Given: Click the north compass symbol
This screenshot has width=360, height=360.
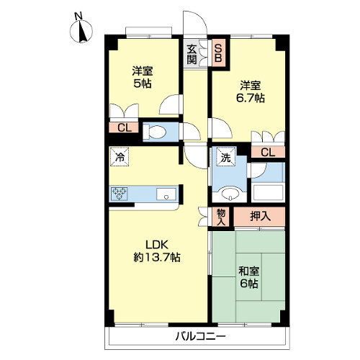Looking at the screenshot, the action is pyautogui.click(x=81, y=30).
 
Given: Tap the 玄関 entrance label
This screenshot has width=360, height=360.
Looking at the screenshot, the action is pyautogui.click(x=192, y=54).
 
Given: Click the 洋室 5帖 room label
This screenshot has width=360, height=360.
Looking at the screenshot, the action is pyautogui.click(x=143, y=77).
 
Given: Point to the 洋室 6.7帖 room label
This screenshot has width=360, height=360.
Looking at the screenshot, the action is pyautogui.click(x=251, y=91).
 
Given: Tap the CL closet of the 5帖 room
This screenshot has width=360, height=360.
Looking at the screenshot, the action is pyautogui.click(x=125, y=127).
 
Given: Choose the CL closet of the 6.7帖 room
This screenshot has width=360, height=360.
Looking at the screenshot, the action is pyautogui.click(x=268, y=152).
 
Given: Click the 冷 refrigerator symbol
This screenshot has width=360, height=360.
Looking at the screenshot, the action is pyautogui.click(x=120, y=156).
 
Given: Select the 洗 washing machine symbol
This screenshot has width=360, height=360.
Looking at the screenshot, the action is pyautogui.click(x=225, y=157).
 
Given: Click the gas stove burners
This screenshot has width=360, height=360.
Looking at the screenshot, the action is pyautogui.click(x=120, y=194).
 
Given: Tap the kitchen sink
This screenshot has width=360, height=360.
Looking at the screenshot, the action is pyautogui.click(x=166, y=194).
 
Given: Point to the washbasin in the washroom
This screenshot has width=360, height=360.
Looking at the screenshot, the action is pyautogui.click(x=230, y=193).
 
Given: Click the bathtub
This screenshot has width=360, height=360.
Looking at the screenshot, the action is pyautogui.click(x=268, y=192).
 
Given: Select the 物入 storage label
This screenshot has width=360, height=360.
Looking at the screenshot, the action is pyautogui.click(x=221, y=217).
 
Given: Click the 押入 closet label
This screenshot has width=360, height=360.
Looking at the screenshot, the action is pyautogui.click(x=260, y=216).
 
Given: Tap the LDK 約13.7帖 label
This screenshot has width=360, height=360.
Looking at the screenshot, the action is pyautogui.click(x=157, y=251).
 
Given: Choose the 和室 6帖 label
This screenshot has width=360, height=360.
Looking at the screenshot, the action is pyautogui.click(x=249, y=277).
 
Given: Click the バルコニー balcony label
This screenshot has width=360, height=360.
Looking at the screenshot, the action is pyautogui.click(x=201, y=336).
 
